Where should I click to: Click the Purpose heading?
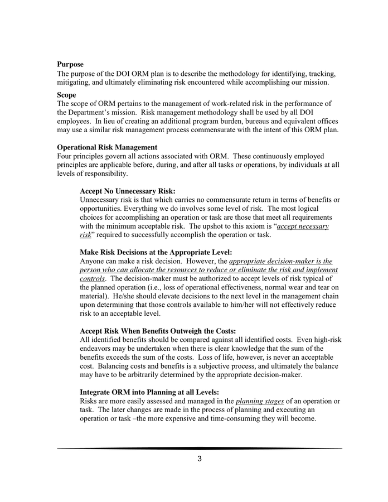[x=70, y=65]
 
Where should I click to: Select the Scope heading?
[x=66, y=95]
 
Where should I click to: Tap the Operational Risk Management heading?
[x=107, y=147]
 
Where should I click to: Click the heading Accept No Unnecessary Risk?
[x=128, y=191]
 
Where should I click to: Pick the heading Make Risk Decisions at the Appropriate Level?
[x=156, y=252]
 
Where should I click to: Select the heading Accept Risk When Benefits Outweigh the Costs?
[x=158, y=331]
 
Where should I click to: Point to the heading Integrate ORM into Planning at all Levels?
[x=149, y=392]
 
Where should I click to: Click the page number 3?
[x=199, y=459]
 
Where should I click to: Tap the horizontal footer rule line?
[x=199, y=448]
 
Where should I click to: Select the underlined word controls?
[x=93, y=278]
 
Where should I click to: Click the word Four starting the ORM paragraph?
[x=65, y=156]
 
